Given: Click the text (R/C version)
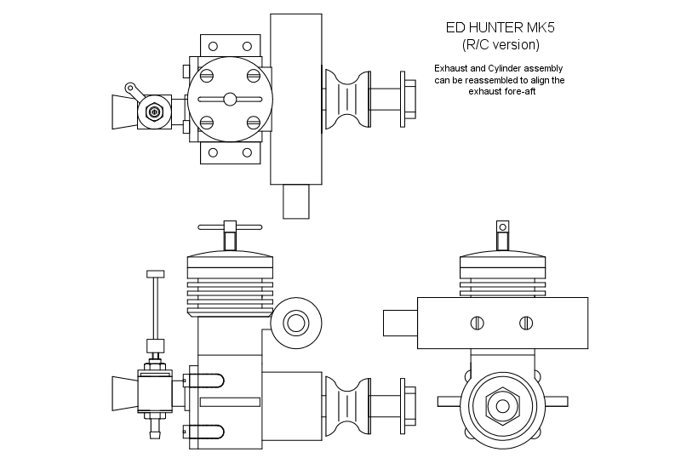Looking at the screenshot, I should pyautogui.click(x=501, y=44).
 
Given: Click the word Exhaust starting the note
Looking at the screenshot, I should pyautogui.click(x=454, y=68).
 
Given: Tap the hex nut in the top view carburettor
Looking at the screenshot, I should pyautogui.click(x=154, y=112).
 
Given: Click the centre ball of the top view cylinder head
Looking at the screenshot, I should pyautogui.click(x=231, y=100).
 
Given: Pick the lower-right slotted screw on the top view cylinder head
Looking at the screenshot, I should pyautogui.click(x=254, y=123).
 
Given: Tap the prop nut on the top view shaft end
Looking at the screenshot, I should pyautogui.click(x=409, y=100).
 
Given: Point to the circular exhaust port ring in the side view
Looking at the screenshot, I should pyautogui.click(x=296, y=323).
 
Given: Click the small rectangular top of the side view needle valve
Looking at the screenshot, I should pyautogui.click(x=155, y=274).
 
